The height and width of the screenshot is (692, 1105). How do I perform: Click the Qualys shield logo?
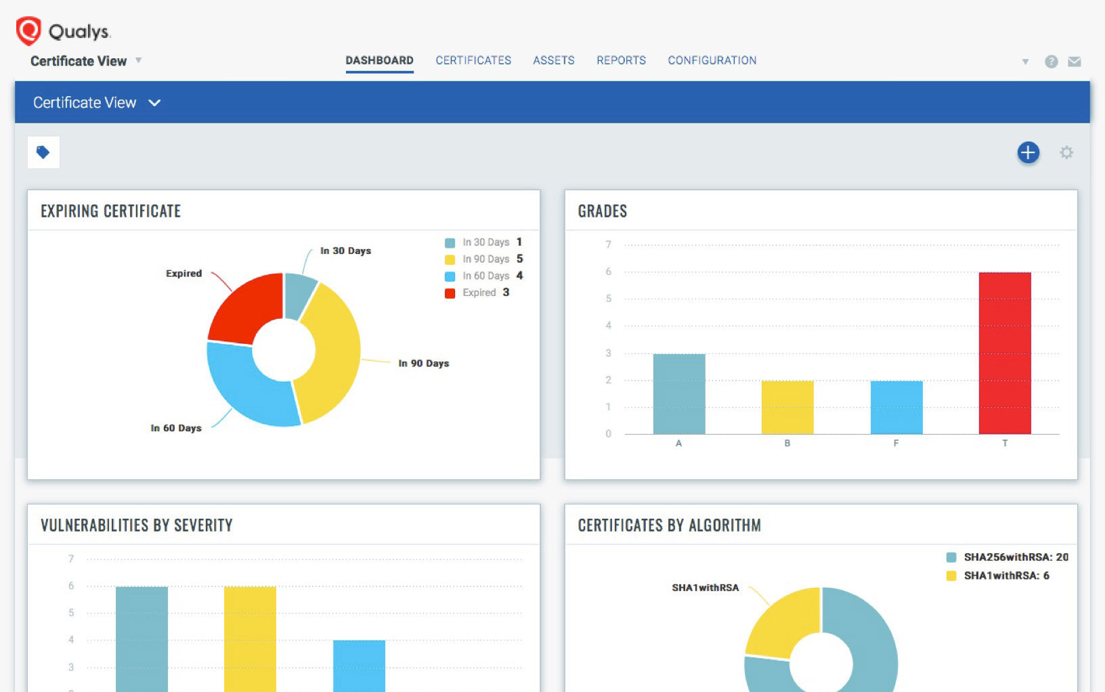(28, 31)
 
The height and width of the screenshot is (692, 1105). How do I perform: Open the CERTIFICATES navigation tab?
(473, 60)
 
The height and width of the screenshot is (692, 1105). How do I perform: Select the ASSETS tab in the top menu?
(553, 60)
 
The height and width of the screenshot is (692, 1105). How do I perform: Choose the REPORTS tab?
(621, 60)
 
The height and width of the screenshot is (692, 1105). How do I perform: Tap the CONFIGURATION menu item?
(712, 60)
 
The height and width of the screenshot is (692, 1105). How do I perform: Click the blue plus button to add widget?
(1028, 152)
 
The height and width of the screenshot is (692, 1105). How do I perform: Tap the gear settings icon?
(1066, 152)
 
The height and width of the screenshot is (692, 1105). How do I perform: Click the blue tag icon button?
(43, 152)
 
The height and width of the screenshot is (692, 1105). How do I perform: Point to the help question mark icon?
(1051, 62)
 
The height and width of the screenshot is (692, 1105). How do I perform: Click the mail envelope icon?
(1074, 62)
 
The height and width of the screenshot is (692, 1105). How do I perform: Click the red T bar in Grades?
(1005, 352)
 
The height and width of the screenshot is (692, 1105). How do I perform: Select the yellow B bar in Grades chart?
(787, 407)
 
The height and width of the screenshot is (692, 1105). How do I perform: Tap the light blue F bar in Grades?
(896, 407)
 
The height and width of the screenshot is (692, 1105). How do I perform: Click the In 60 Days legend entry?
(485, 276)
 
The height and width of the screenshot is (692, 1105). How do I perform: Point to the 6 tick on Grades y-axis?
(608, 272)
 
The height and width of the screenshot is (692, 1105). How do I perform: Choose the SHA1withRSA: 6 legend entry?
(999, 576)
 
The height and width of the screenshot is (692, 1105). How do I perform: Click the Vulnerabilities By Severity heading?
(137, 525)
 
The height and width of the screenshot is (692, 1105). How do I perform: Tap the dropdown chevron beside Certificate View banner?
(154, 103)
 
